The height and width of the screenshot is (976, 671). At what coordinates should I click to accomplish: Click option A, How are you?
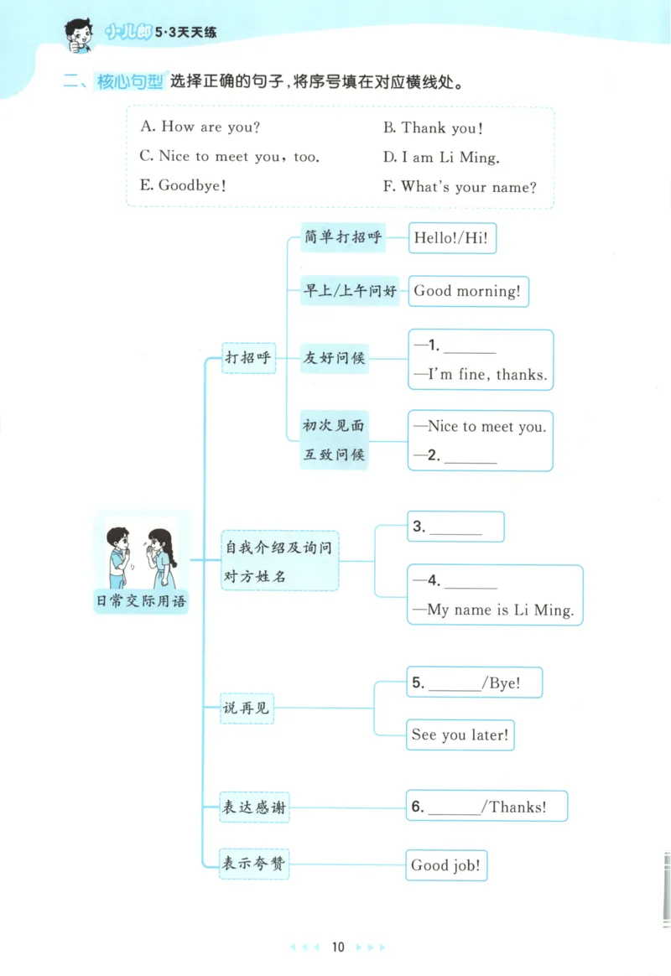point(200,127)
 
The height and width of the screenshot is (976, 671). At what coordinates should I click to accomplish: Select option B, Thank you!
point(433,128)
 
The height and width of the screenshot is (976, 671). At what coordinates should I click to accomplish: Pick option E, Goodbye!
point(183,185)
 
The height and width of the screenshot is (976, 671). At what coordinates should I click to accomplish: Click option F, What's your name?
point(460,186)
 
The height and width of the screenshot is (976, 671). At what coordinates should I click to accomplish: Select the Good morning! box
point(467,291)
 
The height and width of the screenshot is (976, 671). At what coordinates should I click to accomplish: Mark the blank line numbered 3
point(455,530)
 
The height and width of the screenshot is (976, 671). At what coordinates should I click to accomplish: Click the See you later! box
point(460,735)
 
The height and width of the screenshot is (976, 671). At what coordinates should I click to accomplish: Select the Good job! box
point(446,865)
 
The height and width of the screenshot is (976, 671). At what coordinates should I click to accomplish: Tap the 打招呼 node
point(248,357)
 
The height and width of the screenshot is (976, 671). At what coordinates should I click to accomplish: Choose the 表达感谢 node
point(252,807)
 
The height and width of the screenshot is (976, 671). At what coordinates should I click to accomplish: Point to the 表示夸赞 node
point(253,863)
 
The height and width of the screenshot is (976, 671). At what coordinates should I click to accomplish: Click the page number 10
point(338,947)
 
